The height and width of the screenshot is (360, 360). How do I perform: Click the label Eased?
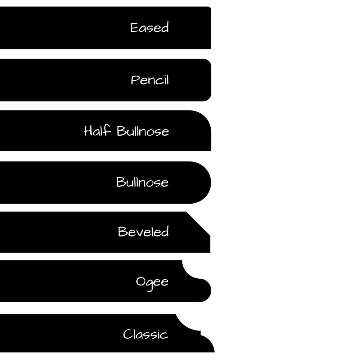tap(149, 28)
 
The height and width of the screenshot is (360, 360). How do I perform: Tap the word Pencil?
tap(150, 80)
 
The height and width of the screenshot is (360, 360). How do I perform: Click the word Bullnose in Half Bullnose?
tap(143, 131)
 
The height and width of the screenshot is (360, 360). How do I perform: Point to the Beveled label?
tap(143, 231)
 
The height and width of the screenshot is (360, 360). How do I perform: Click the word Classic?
tap(145, 334)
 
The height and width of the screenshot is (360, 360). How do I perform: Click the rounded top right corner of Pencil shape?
tap(208, 62)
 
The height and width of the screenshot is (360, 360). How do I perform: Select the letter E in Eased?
tap(134, 28)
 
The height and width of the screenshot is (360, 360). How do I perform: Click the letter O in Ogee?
tap(140, 281)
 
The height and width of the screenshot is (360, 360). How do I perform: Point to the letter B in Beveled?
tap(122, 231)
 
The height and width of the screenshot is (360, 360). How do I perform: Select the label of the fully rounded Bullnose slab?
tap(142, 182)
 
